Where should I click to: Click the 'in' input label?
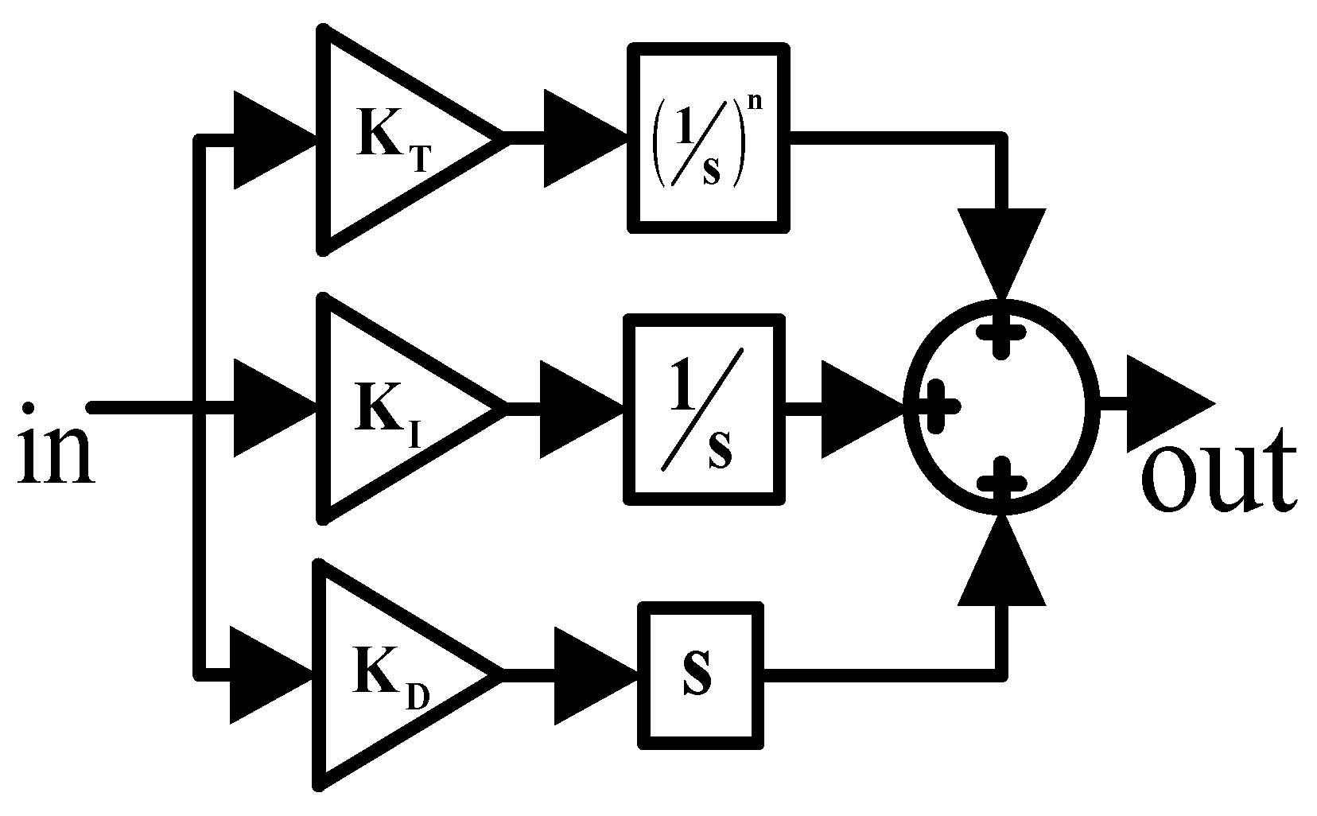[x=54, y=447]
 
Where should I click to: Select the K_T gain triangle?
[x=390, y=139]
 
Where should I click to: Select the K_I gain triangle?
[x=390, y=408]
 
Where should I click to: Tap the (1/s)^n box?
[x=709, y=138]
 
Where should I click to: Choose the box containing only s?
[x=700, y=674]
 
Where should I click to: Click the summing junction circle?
[x=1003, y=407]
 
